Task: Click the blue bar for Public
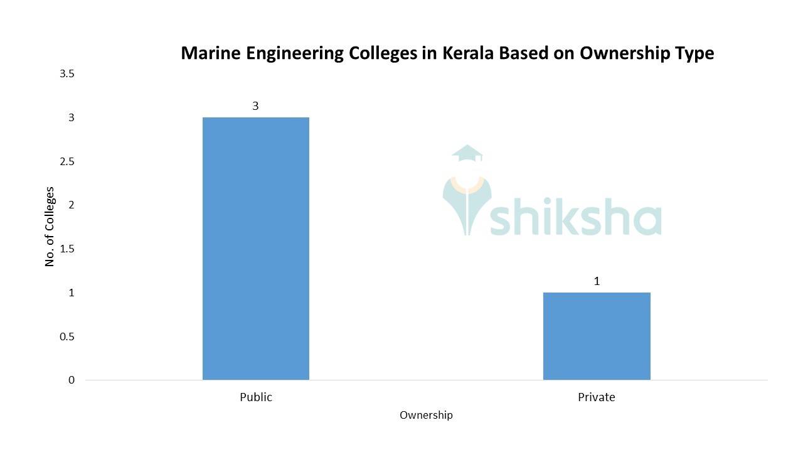(255, 249)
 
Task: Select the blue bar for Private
(596, 336)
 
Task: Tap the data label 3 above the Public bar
(255, 106)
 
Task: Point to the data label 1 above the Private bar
(597, 281)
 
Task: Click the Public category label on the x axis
(256, 397)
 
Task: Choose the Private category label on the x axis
(596, 397)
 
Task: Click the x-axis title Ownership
(426, 415)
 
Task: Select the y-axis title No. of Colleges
(50, 227)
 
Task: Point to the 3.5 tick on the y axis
(66, 74)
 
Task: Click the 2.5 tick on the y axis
(66, 161)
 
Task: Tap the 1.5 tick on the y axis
(66, 249)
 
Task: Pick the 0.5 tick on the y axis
(66, 336)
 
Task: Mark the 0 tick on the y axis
(72, 380)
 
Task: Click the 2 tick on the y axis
(72, 205)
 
